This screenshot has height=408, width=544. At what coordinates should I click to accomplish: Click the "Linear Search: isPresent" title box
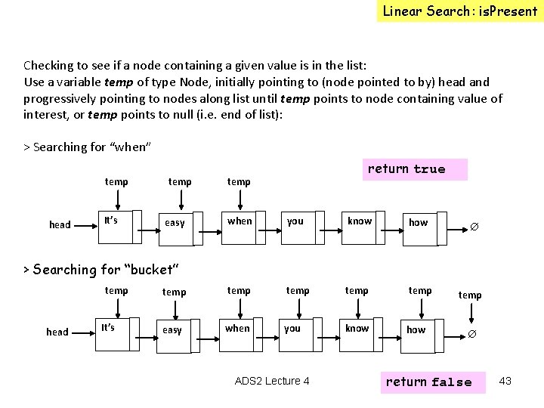click(x=459, y=11)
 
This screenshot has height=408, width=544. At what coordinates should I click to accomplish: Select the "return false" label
click(x=428, y=382)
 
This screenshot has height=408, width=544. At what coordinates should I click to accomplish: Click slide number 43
click(x=505, y=381)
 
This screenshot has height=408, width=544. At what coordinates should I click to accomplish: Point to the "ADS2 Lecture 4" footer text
click(x=272, y=381)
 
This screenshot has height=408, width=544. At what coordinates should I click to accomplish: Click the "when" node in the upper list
click(x=240, y=221)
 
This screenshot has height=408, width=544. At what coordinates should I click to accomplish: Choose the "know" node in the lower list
click(x=357, y=329)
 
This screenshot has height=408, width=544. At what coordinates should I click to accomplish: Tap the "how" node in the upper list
click(x=418, y=222)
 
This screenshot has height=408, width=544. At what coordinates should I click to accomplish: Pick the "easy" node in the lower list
click(x=172, y=330)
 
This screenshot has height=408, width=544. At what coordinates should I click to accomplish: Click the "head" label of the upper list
click(x=60, y=224)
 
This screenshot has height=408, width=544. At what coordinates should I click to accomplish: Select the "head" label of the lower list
click(x=57, y=332)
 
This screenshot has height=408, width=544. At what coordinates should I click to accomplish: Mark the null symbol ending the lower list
click(x=471, y=333)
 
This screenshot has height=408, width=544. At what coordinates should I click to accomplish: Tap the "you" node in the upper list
click(x=295, y=221)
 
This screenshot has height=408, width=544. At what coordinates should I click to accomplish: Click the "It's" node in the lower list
click(x=108, y=327)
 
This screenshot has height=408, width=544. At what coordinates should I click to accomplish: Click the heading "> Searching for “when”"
click(x=88, y=147)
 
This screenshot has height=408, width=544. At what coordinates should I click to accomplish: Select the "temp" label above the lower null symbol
click(x=470, y=295)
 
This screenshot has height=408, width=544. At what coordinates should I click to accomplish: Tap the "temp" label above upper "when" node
click(x=239, y=181)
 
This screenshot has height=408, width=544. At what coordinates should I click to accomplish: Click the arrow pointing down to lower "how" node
click(x=420, y=308)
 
